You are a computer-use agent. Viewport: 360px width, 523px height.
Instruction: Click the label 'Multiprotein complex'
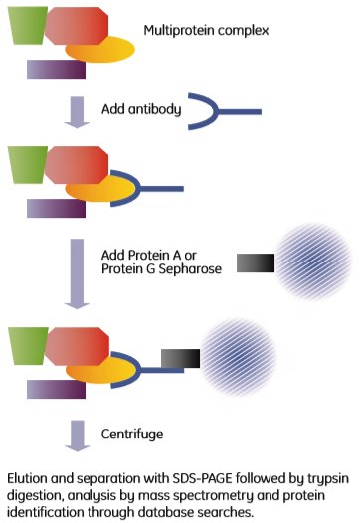pos(206,31)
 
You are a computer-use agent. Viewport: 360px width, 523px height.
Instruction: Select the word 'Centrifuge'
pos(133,433)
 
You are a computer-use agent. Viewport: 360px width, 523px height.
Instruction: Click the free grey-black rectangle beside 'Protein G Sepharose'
pos(256,262)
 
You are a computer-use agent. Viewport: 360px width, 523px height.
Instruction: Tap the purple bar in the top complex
pos(56,68)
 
